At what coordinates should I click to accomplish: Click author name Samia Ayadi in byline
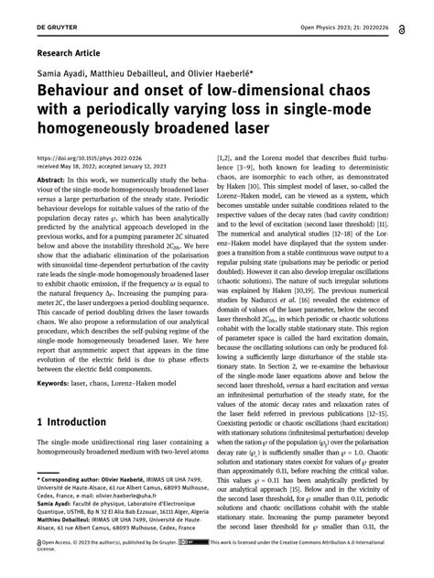[x=61, y=77]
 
